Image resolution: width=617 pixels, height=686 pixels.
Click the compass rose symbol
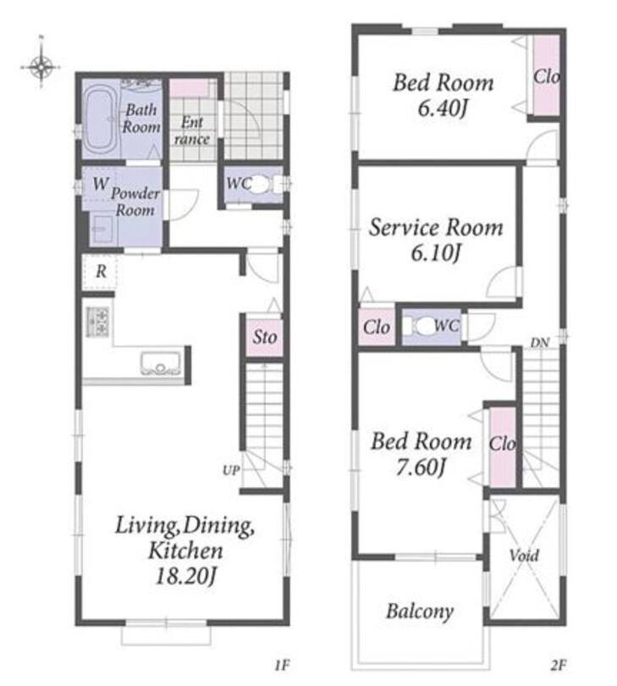pyautogui.click(x=41, y=67)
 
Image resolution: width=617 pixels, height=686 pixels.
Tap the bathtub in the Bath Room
pyautogui.click(x=100, y=119)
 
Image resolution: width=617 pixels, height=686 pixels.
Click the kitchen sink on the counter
pyautogui.click(x=161, y=363)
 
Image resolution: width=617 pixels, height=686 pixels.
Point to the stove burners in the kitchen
pyautogui.click(x=97, y=322)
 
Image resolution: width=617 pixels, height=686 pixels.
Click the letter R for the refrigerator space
pyautogui.click(x=101, y=271)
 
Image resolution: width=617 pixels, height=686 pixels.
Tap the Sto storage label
pyautogui.click(x=265, y=337)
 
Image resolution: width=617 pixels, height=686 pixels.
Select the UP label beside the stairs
pyautogui.click(x=231, y=470)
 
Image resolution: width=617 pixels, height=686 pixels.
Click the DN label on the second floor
pyautogui.click(x=540, y=343)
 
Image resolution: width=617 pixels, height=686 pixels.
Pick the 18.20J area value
pyautogui.click(x=185, y=576)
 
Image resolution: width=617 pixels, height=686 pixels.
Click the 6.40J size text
pyautogui.click(x=443, y=108)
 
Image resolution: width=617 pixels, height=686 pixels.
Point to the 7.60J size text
pyautogui.click(x=421, y=467)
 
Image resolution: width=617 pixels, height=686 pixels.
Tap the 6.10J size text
pyautogui.click(x=436, y=252)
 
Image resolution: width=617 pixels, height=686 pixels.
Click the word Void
pyautogui.click(x=524, y=556)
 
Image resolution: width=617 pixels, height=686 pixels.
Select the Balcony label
pyautogui.click(x=420, y=611)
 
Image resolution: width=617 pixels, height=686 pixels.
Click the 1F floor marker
pyautogui.click(x=282, y=666)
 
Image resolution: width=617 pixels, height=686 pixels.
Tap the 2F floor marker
pyautogui.click(x=559, y=666)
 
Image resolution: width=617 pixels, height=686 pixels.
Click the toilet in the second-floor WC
pyautogui.click(x=421, y=326)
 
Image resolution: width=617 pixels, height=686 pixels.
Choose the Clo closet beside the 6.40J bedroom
pyautogui.click(x=546, y=76)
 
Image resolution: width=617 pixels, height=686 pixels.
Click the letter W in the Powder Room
pyautogui.click(x=100, y=183)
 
